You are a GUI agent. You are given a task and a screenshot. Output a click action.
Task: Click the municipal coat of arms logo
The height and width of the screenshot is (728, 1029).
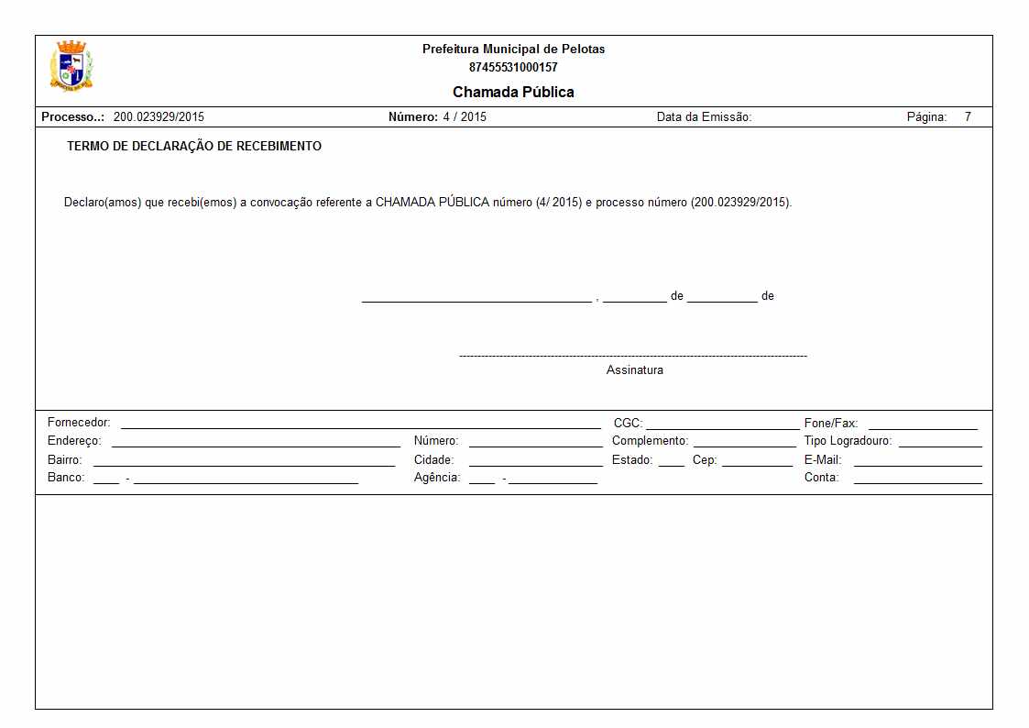[71, 66]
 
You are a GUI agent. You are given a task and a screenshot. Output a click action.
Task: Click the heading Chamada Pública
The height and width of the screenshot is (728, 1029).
[513, 92]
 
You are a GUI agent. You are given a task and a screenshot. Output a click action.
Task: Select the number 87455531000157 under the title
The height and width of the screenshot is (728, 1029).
[513, 67]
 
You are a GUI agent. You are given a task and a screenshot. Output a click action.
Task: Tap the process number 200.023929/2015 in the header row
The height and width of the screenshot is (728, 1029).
[159, 117]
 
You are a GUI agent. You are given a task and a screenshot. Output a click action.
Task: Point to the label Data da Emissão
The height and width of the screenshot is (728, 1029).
[704, 117]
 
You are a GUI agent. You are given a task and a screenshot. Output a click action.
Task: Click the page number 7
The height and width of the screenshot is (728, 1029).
[967, 117]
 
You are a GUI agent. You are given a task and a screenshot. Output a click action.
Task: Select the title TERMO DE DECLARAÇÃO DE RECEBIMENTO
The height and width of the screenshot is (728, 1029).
[194, 147]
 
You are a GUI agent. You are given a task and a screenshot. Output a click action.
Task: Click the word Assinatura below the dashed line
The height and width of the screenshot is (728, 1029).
[634, 370]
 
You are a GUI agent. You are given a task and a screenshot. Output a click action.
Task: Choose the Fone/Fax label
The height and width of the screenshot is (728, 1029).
[831, 424]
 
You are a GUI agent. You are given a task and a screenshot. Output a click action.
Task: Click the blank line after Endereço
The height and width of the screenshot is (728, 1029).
[256, 445]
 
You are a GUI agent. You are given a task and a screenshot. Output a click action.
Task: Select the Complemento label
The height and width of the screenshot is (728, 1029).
[650, 441]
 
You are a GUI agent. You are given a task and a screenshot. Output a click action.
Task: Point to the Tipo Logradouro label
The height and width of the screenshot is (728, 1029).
[848, 441]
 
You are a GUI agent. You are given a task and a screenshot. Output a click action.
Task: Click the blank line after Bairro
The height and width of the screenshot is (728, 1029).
[244, 464]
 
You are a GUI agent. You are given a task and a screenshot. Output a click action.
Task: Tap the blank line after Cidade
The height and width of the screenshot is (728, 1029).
[535, 464]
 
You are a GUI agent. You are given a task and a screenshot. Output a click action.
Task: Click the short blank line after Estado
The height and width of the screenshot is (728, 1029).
[671, 464]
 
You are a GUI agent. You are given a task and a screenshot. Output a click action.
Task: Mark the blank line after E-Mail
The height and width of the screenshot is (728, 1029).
[917, 464]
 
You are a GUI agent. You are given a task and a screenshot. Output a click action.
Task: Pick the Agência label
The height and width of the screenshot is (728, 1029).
[437, 478]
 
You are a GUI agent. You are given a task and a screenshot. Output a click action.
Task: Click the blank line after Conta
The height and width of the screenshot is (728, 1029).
[917, 481]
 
